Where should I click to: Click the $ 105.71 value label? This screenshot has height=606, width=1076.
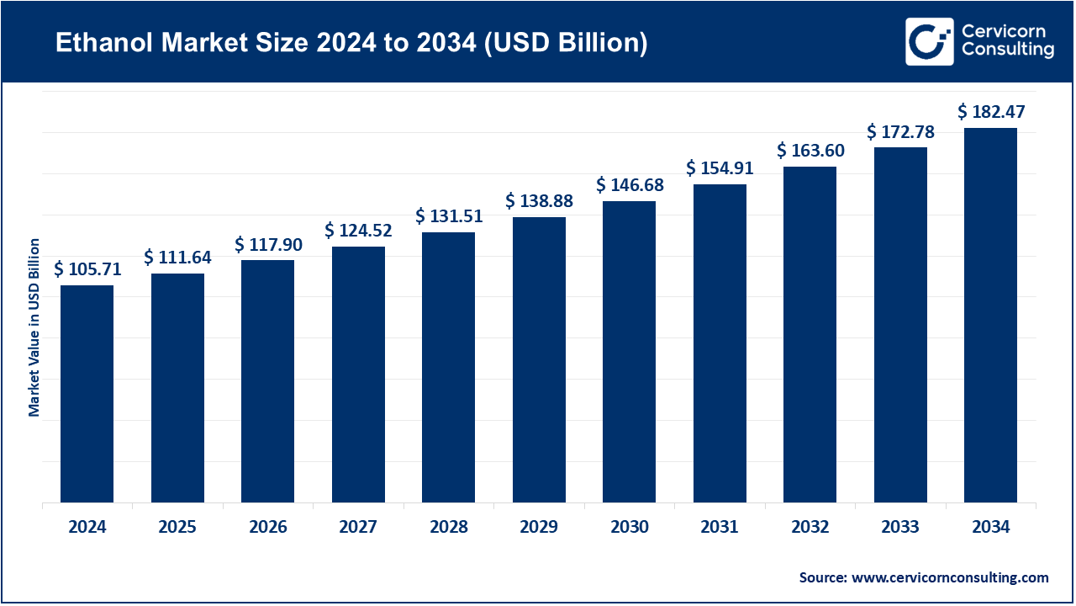coord(87,269)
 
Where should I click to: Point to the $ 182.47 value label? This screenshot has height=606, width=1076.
coord(991,112)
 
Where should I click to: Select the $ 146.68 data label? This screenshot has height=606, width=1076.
coord(630,185)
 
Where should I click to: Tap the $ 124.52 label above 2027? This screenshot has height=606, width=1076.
coord(358,230)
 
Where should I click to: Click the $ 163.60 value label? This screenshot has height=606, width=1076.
coord(810,151)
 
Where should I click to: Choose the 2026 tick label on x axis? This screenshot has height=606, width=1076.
coord(267,528)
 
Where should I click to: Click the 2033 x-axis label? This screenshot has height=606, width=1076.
coord(900,528)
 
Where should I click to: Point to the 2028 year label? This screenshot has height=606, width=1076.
coord(448,528)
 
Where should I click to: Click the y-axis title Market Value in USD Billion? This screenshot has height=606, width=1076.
coord(34,327)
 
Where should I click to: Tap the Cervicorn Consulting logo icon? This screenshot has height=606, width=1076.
coord(929,41)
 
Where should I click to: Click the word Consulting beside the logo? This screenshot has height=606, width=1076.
coord(1008,50)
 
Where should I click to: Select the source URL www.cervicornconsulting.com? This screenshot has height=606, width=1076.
coord(950,577)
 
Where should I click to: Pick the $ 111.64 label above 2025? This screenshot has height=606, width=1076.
coord(177,258)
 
